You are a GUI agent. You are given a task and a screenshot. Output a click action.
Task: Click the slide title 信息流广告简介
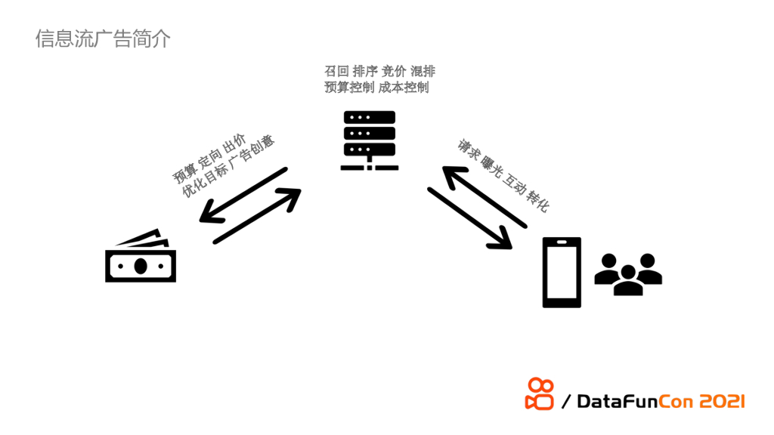point(103,39)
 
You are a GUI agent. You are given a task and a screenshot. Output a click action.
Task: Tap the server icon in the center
point(370,140)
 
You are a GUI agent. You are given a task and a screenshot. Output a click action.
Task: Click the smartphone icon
point(562,273)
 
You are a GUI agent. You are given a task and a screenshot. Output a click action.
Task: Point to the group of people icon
point(628,273)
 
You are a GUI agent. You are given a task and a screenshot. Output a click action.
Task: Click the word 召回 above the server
point(336,72)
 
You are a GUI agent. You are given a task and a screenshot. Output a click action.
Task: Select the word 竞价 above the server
point(394,72)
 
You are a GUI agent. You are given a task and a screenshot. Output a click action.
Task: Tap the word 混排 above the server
point(423,72)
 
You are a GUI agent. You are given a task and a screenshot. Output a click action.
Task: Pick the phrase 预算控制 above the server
point(348,88)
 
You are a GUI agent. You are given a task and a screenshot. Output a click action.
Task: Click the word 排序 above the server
point(365,72)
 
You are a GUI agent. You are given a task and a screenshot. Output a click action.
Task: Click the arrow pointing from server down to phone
point(469,218)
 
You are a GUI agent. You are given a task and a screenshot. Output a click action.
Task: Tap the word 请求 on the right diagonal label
point(468,150)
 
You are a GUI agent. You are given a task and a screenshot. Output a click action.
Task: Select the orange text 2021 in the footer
point(721,401)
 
